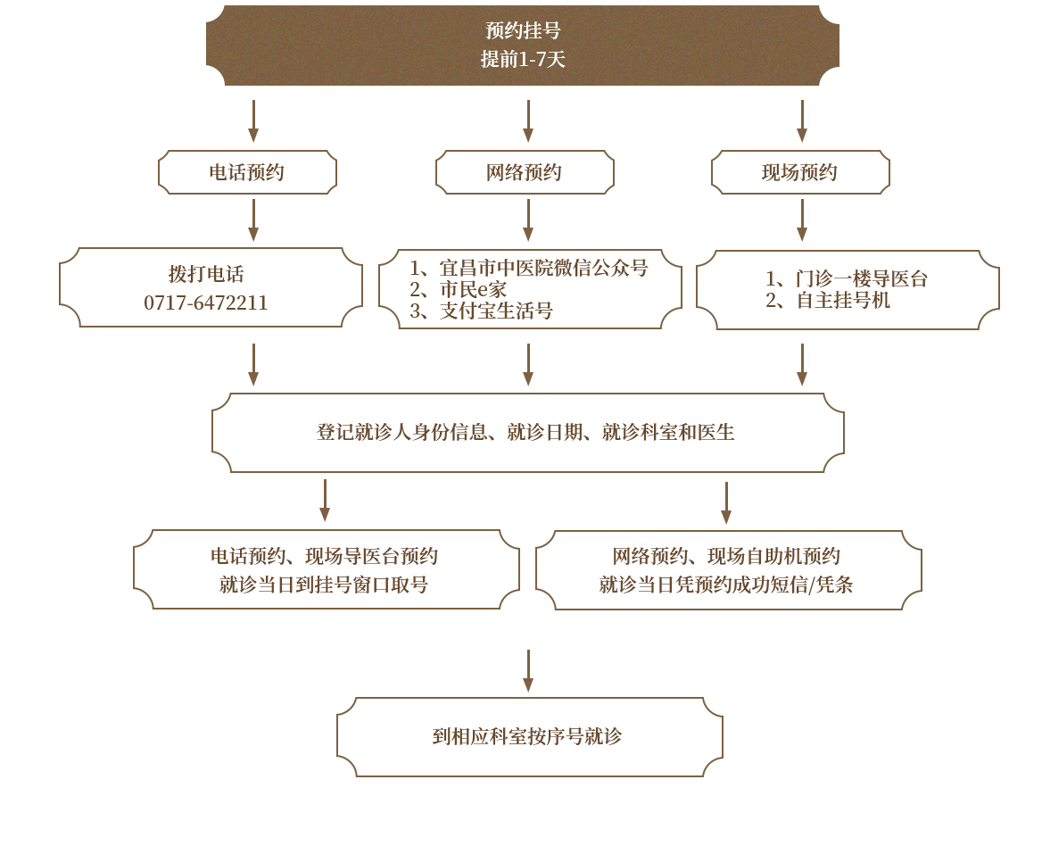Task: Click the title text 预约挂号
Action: (x=523, y=30)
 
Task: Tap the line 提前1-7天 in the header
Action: (x=523, y=60)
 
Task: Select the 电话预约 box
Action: (x=247, y=172)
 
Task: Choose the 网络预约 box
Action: (x=525, y=172)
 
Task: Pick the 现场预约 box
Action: (x=800, y=172)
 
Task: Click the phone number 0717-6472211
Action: (x=206, y=303)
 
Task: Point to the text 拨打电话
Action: (x=206, y=274)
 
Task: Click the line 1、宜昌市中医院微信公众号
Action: (x=529, y=268)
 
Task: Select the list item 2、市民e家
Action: (x=459, y=289)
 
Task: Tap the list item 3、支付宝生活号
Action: (x=482, y=311)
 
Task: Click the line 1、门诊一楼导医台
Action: (x=847, y=278)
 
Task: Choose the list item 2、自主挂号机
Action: (x=828, y=301)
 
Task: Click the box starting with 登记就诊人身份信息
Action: (x=526, y=433)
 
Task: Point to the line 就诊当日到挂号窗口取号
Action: (x=324, y=585)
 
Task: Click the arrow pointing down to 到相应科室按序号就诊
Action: (x=528, y=671)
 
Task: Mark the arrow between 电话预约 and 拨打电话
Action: (x=253, y=220)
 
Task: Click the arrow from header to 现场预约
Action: (x=802, y=121)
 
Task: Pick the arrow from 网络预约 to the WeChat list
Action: (x=528, y=220)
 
